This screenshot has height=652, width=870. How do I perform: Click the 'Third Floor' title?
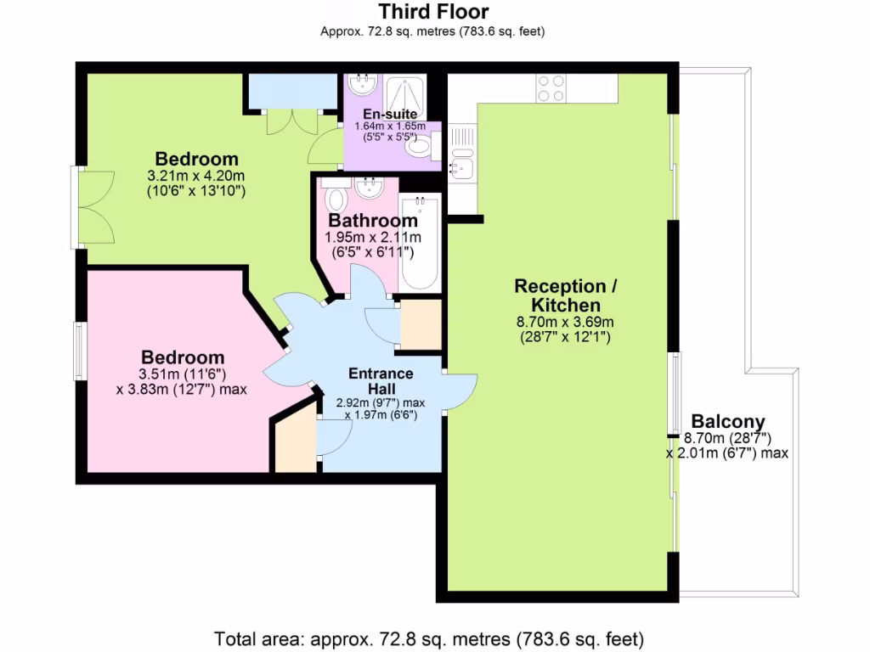click(x=433, y=12)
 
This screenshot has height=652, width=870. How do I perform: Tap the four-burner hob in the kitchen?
click(x=551, y=88)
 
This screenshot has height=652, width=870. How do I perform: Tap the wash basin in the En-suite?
click(x=363, y=84)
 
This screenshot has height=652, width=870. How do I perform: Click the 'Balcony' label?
click(x=727, y=421)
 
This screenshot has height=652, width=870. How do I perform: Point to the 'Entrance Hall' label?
click(x=381, y=380)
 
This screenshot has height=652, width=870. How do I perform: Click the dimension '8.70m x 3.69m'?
click(x=566, y=322)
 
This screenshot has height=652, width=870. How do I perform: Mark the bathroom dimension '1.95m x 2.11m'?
click(x=373, y=237)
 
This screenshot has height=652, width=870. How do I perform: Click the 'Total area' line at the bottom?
click(x=429, y=638)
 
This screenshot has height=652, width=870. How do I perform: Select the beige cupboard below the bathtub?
click(x=420, y=324)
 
